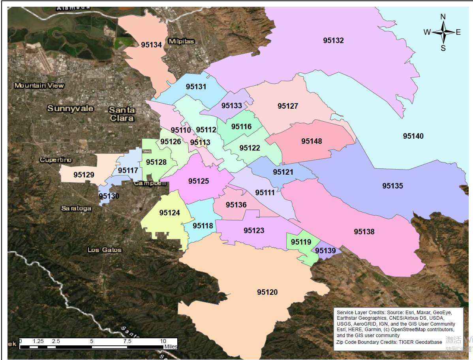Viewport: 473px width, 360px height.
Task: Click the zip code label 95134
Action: pos(152,45)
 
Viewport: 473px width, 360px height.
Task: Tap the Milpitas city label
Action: pos(181,41)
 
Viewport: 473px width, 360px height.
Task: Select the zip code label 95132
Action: pos(333,40)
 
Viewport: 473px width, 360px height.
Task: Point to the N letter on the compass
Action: pos(443,17)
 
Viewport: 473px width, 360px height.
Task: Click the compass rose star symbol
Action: pos(443,32)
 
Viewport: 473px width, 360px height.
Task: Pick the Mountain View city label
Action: pos(39,85)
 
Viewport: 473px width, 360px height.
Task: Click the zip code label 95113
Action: pos(200,142)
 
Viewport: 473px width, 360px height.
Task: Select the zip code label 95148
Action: pos(312,141)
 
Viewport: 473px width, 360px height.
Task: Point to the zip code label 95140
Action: pos(413,136)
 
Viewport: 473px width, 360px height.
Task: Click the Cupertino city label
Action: pos(56,160)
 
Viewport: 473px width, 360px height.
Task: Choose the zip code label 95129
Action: pos(84,174)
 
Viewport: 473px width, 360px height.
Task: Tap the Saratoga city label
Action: pos(76,208)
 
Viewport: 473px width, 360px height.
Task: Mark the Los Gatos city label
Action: pos(105,250)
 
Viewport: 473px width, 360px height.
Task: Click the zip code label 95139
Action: pos(325,251)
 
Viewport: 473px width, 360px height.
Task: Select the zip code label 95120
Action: pos(267,292)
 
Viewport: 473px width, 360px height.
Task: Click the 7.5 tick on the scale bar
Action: pos(127,341)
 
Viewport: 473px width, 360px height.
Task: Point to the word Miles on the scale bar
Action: pos(171,347)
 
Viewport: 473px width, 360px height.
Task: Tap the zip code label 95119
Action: pos(301,242)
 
